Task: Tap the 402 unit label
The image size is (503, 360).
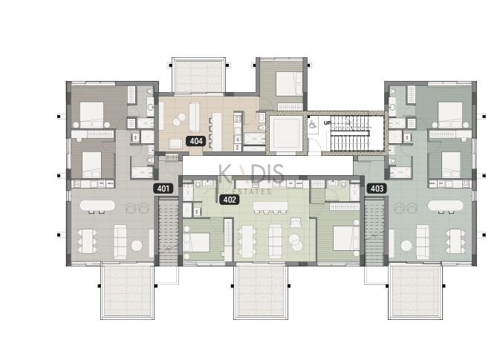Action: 230,199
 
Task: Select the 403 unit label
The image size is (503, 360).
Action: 377,189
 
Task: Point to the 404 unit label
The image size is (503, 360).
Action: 196,140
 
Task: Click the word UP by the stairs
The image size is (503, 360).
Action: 327,123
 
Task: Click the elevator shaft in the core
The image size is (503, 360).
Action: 285,134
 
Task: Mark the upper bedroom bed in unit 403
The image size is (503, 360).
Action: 450,113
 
